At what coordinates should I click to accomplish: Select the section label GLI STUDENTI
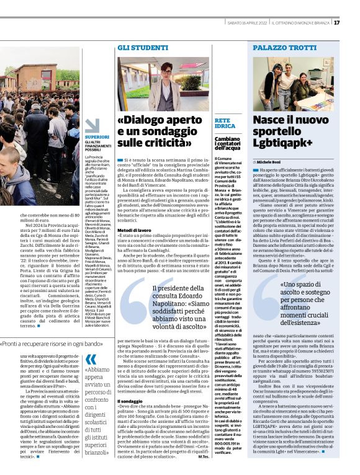[134, 47]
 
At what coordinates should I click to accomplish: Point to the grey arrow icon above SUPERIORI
[92, 126]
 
